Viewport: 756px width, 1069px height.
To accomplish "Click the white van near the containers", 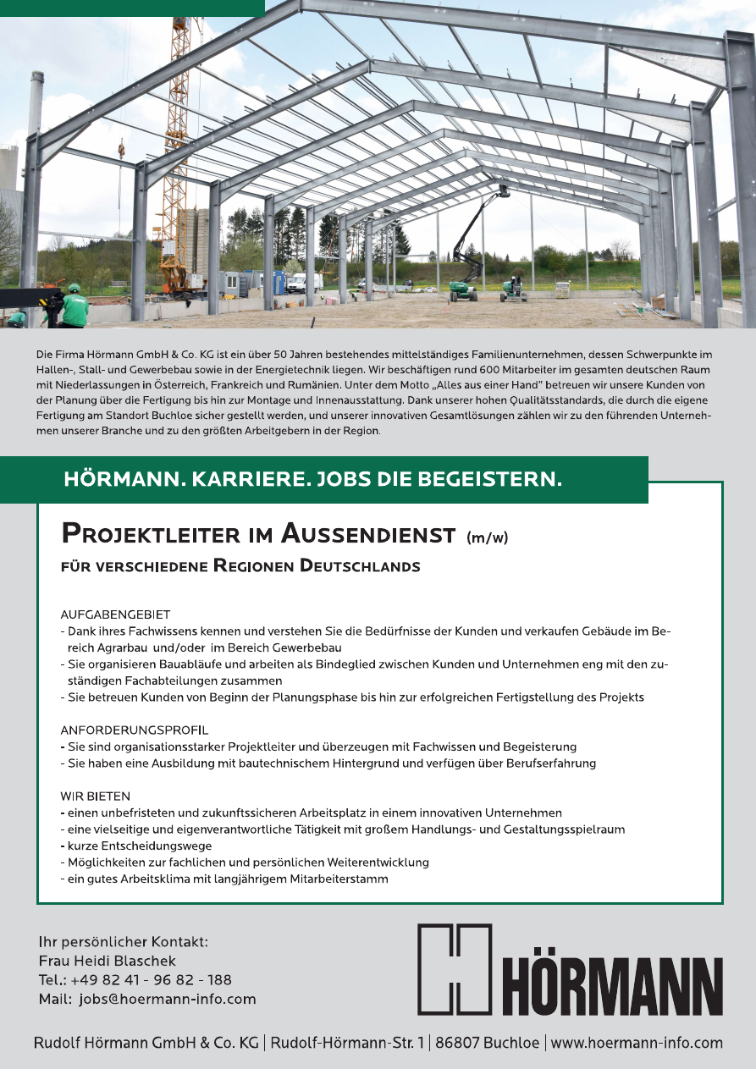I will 297,283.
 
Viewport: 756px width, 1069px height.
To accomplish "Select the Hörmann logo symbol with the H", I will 455,968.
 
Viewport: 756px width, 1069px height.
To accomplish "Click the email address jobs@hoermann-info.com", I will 167,999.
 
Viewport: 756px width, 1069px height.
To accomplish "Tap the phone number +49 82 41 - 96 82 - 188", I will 153,979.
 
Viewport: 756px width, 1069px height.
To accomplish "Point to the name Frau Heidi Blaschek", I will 108,961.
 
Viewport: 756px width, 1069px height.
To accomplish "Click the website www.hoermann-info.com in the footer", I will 637,1043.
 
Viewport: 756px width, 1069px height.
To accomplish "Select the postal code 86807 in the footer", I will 458,1043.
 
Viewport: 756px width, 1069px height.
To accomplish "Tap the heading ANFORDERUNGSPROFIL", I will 134,730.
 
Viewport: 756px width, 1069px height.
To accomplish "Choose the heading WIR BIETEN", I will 95,796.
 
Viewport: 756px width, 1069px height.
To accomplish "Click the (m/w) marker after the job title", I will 487,537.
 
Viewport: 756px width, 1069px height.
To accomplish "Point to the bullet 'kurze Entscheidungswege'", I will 139,846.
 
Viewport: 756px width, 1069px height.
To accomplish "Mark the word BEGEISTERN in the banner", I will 487,481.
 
